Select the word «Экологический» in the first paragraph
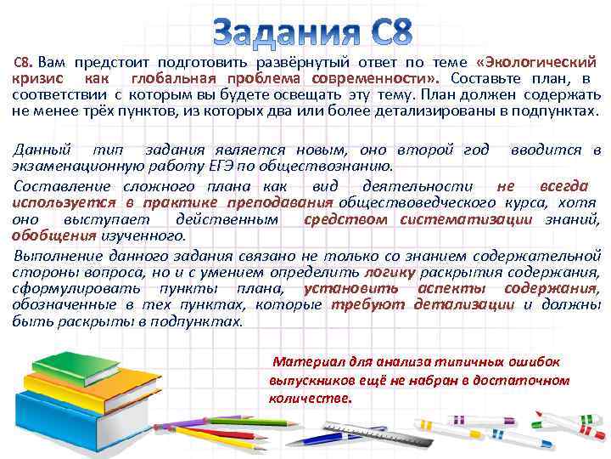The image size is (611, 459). [544, 62]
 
